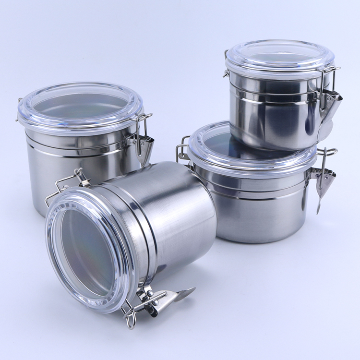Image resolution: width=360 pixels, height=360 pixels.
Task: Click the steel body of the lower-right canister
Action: point(259,211)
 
